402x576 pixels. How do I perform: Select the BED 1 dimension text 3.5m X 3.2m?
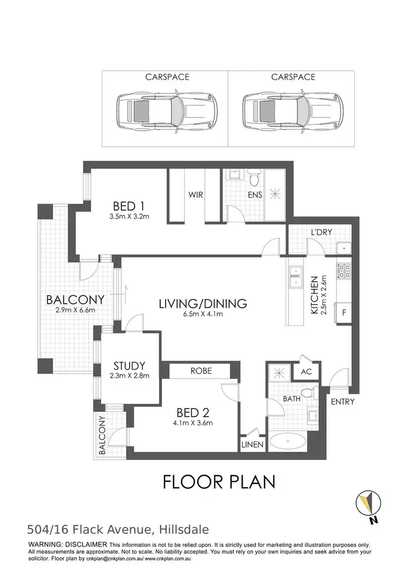(x=129, y=217)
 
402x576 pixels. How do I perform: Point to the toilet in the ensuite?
(x=255, y=176)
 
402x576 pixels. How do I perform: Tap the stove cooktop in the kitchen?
(x=343, y=271)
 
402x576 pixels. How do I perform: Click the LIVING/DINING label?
(x=203, y=304)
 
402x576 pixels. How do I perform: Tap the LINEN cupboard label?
(x=252, y=445)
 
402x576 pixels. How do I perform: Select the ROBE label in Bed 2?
(x=200, y=371)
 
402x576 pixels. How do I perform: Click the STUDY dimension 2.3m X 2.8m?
(x=127, y=376)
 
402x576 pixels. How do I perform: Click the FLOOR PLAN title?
(x=219, y=482)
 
